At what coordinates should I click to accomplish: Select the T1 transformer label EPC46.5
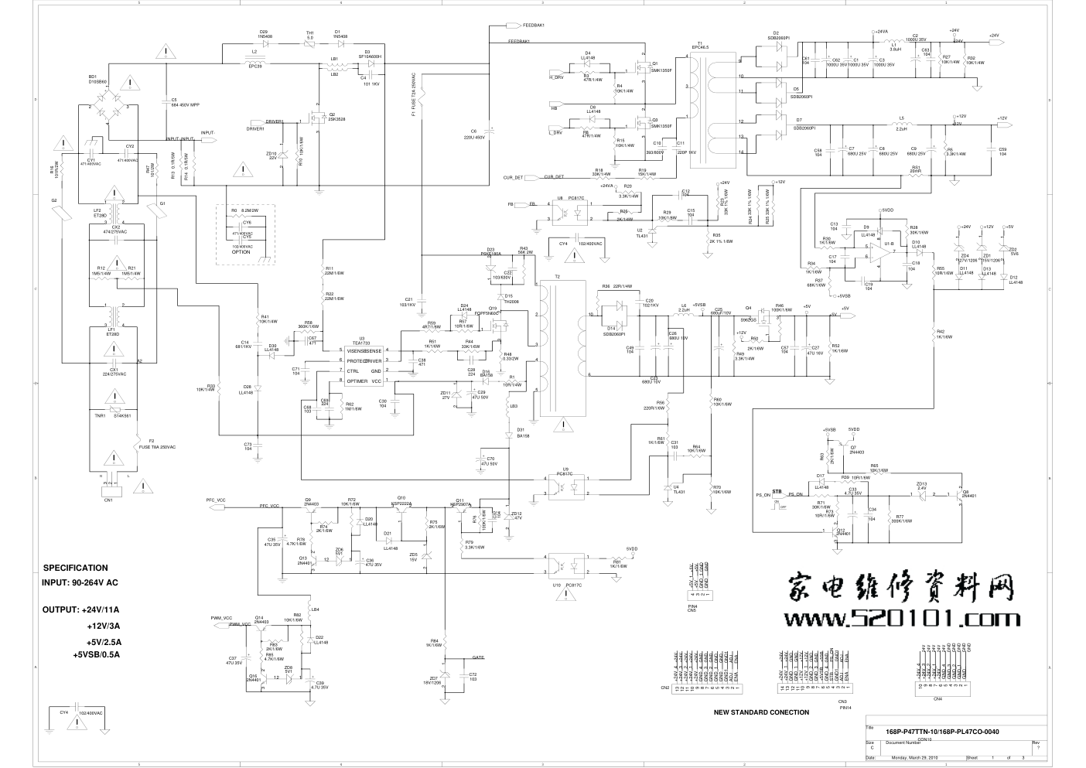[705, 48]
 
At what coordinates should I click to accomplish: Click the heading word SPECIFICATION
[76, 568]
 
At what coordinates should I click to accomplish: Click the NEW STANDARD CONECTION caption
[761, 712]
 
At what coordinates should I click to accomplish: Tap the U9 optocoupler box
[566, 486]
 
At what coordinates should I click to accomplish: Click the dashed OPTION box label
[241, 252]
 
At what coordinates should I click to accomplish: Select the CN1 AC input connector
[108, 490]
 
